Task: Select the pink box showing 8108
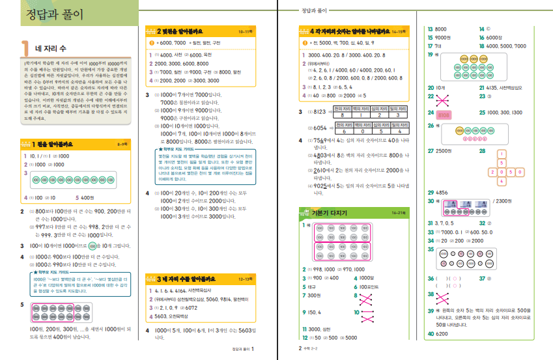click(445, 114)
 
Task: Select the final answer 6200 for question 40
click(444, 333)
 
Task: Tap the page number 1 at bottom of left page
click(251, 348)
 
